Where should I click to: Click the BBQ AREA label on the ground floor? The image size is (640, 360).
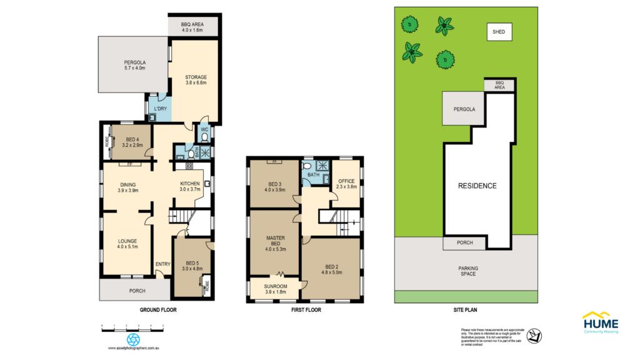pyautogui.click(x=192, y=26)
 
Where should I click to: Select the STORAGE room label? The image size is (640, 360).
pyautogui.click(x=196, y=80)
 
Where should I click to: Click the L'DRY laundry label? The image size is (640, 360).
pyautogui.click(x=161, y=109)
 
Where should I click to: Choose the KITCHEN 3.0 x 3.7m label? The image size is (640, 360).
pyautogui.click(x=189, y=186)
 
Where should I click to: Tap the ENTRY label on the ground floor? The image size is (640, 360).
pyautogui.click(x=163, y=264)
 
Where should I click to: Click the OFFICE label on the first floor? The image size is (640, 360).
pyautogui.click(x=346, y=184)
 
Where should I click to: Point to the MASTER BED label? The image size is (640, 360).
pyautogui.click(x=275, y=241)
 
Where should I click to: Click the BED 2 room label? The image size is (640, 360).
pyautogui.click(x=332, y=269)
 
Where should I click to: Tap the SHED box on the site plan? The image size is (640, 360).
pyautogui.click(x=499, y=31)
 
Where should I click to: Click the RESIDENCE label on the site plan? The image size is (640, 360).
pyautogui.click(x=477, y=186)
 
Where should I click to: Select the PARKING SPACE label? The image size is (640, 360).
pyautogui.click(x=468, y=271)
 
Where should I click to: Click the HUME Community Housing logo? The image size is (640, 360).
pyautogui.click(x=600, y=322)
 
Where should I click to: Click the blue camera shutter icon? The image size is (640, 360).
pyautogui.click(x=133, y=339)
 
